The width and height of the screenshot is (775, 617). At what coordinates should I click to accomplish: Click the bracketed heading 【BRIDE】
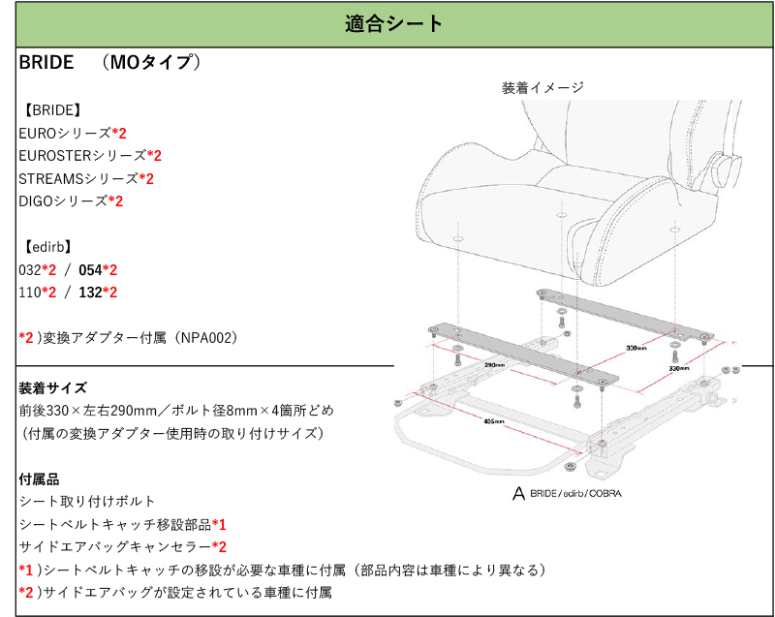click(49, 109)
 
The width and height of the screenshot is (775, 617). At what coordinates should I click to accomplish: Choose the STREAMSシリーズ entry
click(78, 178)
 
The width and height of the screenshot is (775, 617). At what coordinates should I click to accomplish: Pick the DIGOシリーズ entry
click(63, 201)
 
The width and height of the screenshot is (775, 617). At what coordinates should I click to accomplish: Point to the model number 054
click(90, 270)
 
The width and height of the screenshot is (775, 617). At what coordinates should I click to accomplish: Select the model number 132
click(90, 293)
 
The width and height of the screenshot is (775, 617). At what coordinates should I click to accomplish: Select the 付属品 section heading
click(39, 478)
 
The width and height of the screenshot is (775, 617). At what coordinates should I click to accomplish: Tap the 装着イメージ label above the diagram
click(542, 88)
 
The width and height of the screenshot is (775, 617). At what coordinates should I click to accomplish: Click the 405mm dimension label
click(491, 421)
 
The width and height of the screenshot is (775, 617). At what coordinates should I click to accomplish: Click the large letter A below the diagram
click(518, 494)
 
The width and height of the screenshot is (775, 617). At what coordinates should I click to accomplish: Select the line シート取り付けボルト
click(87, 502)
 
